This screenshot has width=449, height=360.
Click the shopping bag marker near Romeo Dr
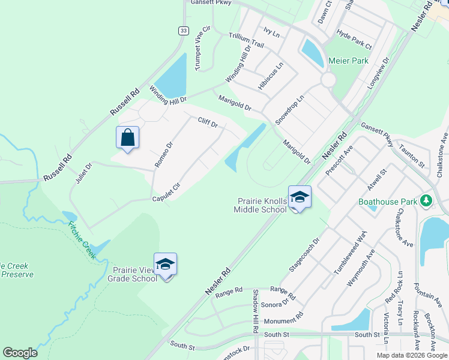[x=127, y=137]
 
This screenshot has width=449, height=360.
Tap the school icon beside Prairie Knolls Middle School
[x=300, y=197]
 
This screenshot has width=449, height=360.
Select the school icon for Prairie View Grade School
[x=165, y=264]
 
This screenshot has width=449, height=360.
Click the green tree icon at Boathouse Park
[x=426, y=200]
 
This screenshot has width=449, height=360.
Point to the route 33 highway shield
[x=182, y=31]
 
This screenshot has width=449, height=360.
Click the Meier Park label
[x=349, y=61]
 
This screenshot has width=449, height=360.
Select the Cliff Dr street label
[x=207, y=123]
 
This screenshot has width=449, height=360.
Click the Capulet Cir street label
[x=166, y=193]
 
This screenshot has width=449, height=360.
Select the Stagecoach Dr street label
[x=304, y=259]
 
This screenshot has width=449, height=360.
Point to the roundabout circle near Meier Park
[x=328, y=80]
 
